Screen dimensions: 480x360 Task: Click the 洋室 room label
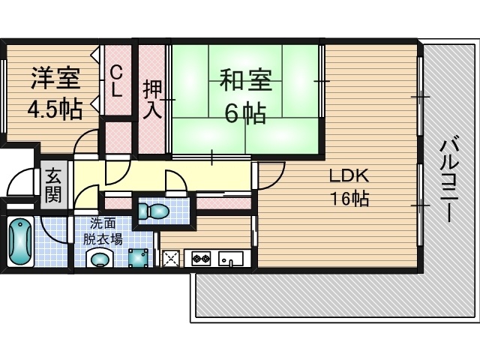[x=55, y=78]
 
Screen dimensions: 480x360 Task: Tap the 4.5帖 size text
[x=55, y=109]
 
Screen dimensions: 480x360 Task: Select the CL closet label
[x=117, y=82]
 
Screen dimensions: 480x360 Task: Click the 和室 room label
[x=246, y=80]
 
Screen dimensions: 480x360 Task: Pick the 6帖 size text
[x=245, y=113]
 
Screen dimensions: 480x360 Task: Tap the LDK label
[x=349, y=175]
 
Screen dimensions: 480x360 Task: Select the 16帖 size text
[x=349, y=198]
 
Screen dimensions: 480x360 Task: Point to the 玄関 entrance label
[x=54, y=185]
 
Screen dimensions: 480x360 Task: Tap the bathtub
[x=20, y=241]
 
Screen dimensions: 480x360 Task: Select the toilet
[x=153, y=211]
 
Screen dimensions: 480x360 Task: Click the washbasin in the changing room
[x=100, y=258]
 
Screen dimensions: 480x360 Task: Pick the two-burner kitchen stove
[x=201, y=258]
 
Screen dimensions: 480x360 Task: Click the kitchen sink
[x=231, y=259]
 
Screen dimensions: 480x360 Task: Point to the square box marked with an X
[x=172, y=259]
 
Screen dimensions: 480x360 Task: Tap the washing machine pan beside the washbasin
[x=138, y=258]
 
